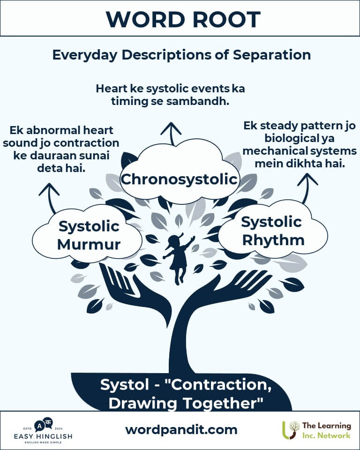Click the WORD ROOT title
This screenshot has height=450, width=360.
coord(183,20)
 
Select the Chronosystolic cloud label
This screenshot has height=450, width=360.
coord(179,180)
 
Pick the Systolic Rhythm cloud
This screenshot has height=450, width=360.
coord(272,230)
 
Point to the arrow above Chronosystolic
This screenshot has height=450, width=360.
coord(171,134)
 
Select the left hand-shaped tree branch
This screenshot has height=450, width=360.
coord(135,296)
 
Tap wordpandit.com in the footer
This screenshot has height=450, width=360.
coord(181,430)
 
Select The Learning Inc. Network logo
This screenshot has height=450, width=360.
coord(316,430)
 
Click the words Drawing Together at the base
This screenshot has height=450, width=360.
coord(186,403)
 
